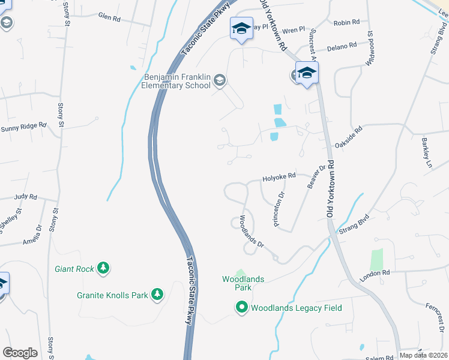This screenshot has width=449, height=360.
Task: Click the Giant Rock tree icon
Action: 104,268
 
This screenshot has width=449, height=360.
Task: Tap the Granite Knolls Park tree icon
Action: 157,295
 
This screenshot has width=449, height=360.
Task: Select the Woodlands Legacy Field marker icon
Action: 242,308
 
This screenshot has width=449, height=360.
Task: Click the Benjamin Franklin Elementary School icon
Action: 220,80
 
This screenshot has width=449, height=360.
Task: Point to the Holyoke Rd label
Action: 280,177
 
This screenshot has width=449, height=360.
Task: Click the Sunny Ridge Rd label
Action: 23,127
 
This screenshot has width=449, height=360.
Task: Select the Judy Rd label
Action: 26,196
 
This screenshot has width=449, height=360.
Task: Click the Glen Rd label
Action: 109,19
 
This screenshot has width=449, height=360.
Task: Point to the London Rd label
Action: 375,276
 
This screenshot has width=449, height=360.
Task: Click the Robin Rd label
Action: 346,22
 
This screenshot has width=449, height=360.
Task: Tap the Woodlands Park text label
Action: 243,283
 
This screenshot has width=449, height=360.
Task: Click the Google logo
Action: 20,353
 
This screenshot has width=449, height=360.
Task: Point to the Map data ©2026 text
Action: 423,355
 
